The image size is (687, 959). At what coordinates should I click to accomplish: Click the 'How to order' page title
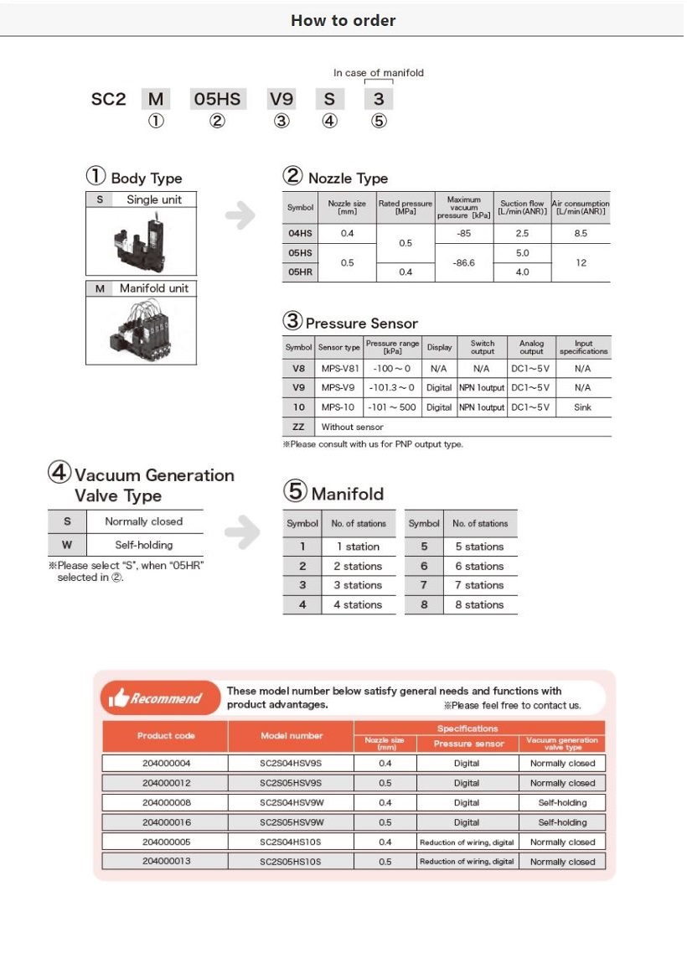point(343,20)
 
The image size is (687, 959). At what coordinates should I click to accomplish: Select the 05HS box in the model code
point(217,100)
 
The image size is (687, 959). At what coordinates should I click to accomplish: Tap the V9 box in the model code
point(281,100)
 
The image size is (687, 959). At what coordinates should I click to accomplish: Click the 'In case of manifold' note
point(379,73)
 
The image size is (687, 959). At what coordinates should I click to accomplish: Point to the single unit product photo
point(141,239)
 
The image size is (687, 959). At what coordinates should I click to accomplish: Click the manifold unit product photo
point(141,329)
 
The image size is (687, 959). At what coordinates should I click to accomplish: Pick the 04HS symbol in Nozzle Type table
point(300,233)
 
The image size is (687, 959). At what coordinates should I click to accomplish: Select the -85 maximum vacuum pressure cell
point(463,233)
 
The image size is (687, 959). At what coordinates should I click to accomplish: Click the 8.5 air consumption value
point(580,233)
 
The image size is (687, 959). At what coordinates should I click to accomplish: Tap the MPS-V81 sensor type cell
point(339,368)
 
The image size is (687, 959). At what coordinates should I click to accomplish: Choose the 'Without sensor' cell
point(352,427)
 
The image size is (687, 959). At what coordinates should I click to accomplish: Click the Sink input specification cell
point(583,407)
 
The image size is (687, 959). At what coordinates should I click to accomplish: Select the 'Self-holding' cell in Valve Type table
point(143,545)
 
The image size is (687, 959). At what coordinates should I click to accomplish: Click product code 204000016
point(166,822)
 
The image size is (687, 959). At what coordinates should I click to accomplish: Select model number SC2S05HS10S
point(291,862)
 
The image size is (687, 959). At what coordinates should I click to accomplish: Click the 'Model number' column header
point(291,736)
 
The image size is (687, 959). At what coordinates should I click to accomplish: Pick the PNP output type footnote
point(373,444)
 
